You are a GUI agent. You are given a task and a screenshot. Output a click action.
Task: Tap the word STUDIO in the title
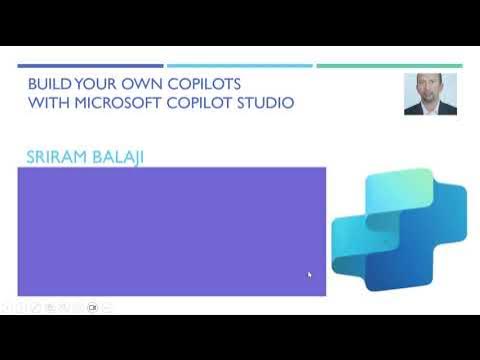262,103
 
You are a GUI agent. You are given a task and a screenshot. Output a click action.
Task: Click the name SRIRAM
59,156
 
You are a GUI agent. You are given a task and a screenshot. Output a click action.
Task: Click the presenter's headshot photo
430,94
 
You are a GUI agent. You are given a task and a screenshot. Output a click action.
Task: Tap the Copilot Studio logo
398,230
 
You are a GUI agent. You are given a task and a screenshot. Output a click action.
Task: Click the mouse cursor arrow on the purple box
309,274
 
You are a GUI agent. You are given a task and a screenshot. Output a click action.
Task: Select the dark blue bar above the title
90,66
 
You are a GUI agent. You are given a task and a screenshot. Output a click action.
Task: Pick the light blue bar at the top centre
239,66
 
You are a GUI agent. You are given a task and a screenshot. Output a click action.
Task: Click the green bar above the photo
389,66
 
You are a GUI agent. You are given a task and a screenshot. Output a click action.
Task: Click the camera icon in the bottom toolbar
91,307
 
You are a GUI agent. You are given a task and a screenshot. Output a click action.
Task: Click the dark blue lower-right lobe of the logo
430,265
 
